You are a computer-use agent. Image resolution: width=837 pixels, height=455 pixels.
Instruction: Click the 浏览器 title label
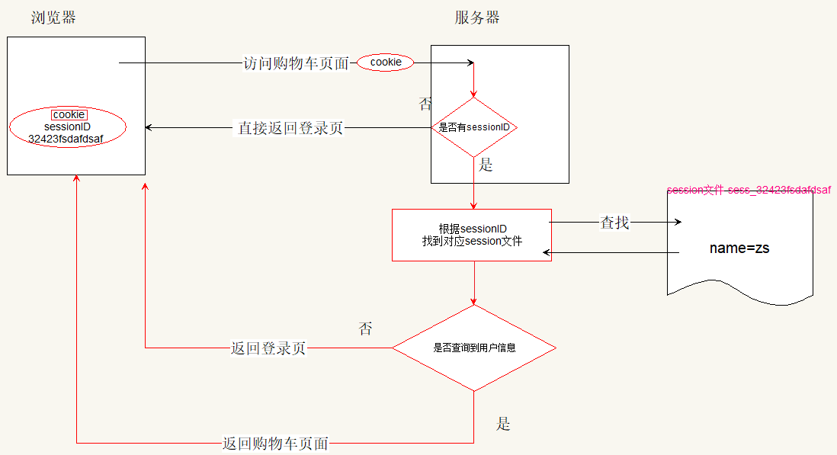point(53,18)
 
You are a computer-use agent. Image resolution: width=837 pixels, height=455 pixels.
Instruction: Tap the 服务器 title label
point(477,18)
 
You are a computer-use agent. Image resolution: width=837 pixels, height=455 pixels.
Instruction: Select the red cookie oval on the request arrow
point(385,62)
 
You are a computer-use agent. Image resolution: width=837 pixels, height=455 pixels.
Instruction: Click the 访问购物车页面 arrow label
point(296,63)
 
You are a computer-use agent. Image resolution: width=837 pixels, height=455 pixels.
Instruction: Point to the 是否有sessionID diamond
point(474,127)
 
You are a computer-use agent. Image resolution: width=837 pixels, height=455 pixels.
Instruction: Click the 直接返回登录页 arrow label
point(290,128)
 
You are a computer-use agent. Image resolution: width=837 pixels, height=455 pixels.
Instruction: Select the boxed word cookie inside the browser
point(69,114)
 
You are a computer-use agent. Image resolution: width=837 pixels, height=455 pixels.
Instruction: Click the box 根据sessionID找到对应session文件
point(472,235)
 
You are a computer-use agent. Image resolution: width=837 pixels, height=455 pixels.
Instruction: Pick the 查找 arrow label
point(615,223)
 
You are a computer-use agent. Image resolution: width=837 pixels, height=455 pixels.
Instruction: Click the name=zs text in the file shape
point(739,248)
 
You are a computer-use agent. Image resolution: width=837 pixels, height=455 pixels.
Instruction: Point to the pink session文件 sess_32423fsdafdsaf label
point(749,190)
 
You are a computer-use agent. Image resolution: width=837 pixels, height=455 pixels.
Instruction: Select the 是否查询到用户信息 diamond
point(474,348)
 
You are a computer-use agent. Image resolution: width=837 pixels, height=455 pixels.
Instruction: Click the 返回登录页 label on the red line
point(268,348)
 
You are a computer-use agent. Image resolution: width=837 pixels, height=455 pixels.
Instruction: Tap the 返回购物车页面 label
point(275,443)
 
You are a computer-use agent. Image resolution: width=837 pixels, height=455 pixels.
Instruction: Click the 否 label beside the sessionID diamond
point(425,104)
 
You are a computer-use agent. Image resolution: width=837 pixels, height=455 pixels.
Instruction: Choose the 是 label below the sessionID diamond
point(486,165)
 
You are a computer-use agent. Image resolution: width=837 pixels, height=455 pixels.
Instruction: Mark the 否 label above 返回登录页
point(365,328)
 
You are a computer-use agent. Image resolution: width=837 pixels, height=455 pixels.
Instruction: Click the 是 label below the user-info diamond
point(503,425)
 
